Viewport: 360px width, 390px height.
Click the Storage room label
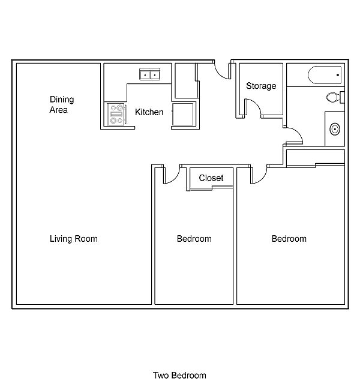pyautogui.click(x=261, y=86)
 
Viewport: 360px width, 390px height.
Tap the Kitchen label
pyautogui.click(x=149, y=112)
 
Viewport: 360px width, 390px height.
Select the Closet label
pyautogui.click(x=211, y=178)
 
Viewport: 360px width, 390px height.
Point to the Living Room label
pyautogui.click(x=74, y=239)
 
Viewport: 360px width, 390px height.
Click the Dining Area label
pyautogui.click(x=62, y=104)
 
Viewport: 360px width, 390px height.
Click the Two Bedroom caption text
pyautogui.click(x=179, y=376)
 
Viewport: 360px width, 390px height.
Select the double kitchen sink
pyautogui.click(x=149, y=74)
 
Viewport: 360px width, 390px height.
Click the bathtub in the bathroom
pyautogui.click(x=325, y=75)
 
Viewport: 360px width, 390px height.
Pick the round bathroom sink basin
pyautogui.click(x=335, y=129)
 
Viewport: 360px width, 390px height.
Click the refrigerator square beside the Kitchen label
pyautogui.click(x=184, y=114)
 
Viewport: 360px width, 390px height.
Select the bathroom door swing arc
pyautogui.click(x=298, y=133)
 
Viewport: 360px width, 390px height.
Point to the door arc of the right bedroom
pyautogui.click(x=262, y=178)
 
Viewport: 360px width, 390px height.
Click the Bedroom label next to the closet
pyautogui.click(x=194, y=239)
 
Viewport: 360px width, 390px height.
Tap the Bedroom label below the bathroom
pyautogui.click(x=289, y=239)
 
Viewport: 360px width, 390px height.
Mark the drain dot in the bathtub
pyautogui.click(x=338, y=75)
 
